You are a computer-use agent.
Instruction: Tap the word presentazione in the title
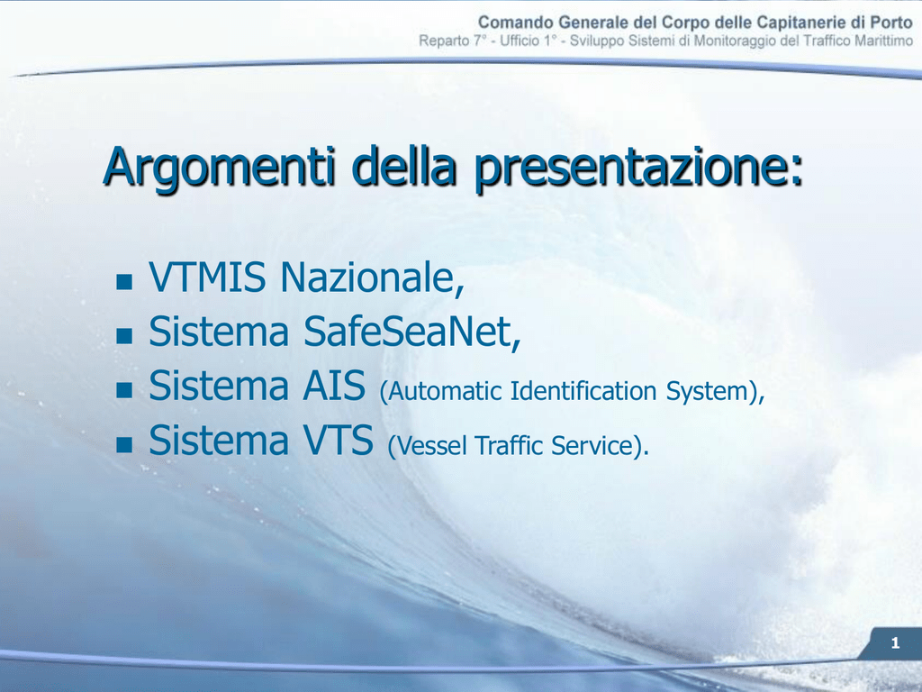pyautogui.click(x=638, y=168)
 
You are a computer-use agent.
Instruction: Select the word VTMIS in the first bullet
pyautogui.click(x=207, y=277)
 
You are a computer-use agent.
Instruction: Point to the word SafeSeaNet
pyautogui.click(x=411, y=332)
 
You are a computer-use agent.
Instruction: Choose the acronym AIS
pyautogui.click(x=334, y=386)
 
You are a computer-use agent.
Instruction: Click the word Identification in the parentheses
pyautogui.click(x=583, y=391)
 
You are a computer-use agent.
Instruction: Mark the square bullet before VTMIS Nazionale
pyautogui.click(x=124, y=282)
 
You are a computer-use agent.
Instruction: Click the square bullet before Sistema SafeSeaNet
pyautogui.click(x=124, y=336)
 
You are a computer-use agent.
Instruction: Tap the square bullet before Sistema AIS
pyautogui.click(x=124, y=390)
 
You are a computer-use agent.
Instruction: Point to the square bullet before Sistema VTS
pyautogui.click(x=124, y=444)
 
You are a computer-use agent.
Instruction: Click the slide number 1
pyautogui.click(x=895, y=643)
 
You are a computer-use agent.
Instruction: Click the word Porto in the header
pyautogui.click(x=892, y=23)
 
